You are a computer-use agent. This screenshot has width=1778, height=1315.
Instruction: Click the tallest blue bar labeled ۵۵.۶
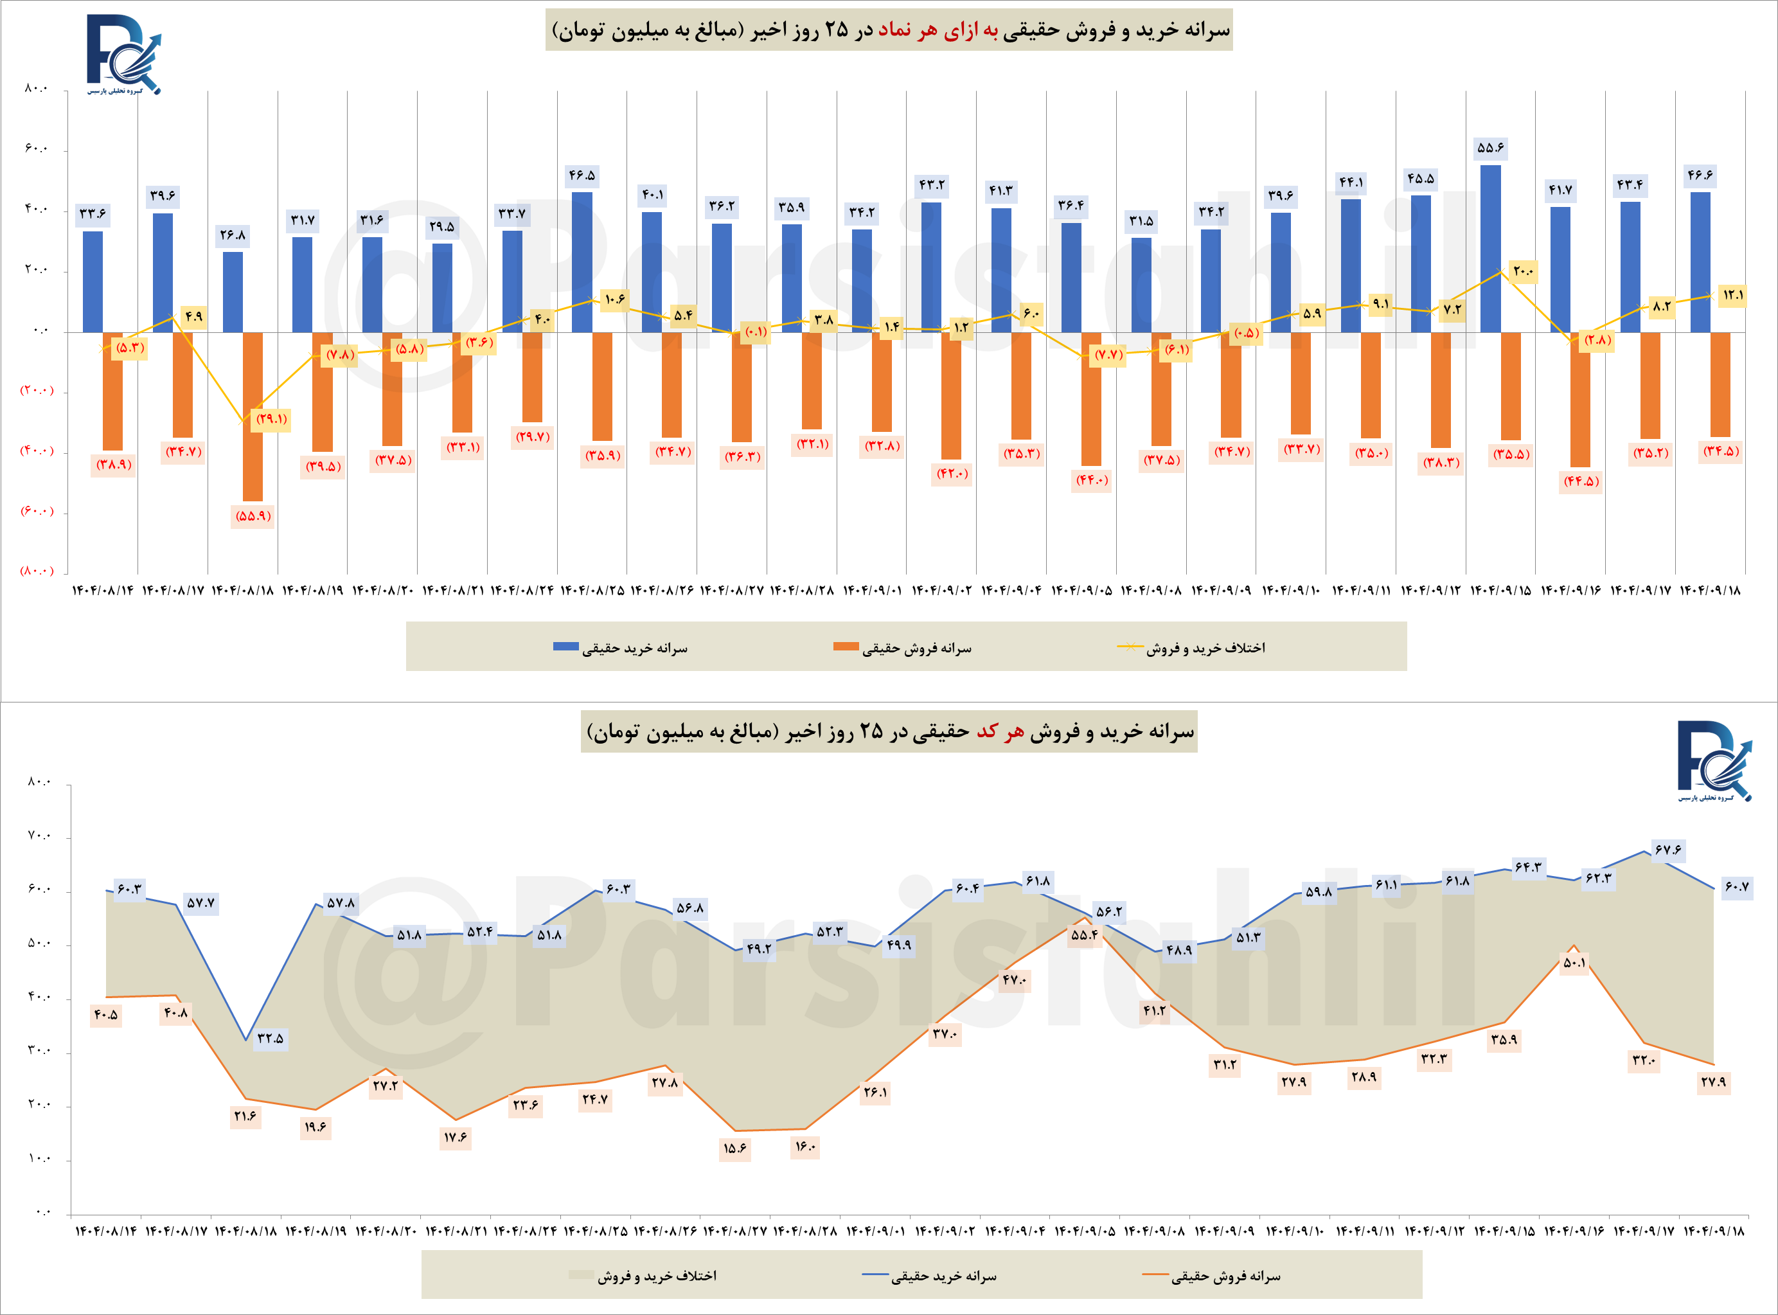coord(1490,248)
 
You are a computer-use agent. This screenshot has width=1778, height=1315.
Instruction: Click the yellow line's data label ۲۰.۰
coord(1522,271)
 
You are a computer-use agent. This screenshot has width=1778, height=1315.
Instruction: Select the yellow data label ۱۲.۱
coord(1732,295)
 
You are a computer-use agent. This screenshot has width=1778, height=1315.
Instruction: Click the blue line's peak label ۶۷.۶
coord(1667,850)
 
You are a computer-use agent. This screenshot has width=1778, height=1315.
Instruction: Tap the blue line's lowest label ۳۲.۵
coord(270,1038)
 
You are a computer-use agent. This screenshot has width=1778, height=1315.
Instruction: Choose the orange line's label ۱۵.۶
coord(734,1149)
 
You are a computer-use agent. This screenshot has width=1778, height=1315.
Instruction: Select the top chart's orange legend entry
coord(903,648)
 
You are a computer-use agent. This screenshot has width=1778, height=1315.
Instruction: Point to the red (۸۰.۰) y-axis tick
coord(37,571)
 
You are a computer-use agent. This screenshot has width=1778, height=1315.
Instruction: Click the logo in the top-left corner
coord(123,54)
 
